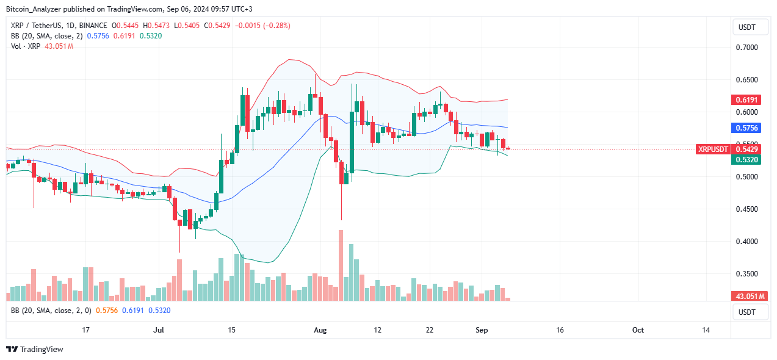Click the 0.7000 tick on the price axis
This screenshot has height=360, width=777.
click(748, 47)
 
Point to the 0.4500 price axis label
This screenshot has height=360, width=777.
click(748, 209)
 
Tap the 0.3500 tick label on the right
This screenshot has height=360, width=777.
click(748, 274)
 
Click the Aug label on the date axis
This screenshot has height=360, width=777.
click(320, 330)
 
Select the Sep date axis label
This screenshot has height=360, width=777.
click(482, 330)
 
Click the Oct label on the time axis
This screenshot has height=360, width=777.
click(638, 330)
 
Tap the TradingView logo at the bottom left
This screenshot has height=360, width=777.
click(35, 350)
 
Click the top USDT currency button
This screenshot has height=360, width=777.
click(747, 27)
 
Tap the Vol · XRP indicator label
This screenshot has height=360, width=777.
click(26, 46)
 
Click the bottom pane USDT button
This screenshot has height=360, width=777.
click(747, 312)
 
